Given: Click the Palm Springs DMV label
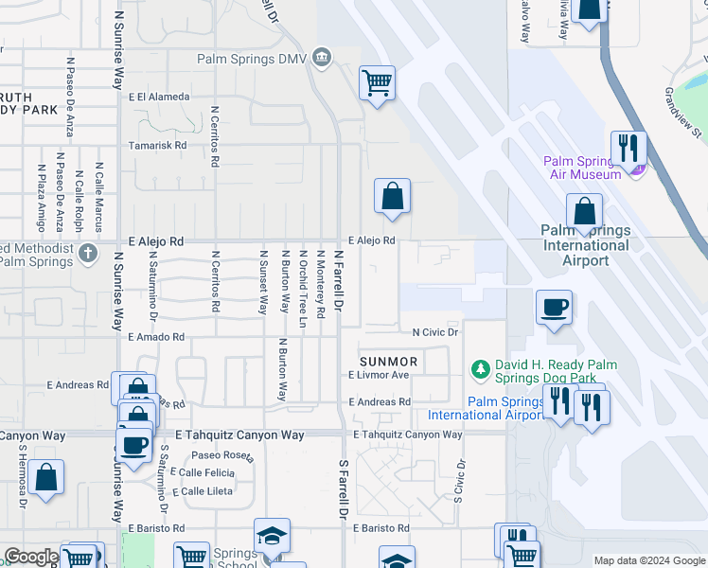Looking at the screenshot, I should point(254,59).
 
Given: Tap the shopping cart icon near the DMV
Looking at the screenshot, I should point(377,82).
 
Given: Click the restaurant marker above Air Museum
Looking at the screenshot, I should point(628,148).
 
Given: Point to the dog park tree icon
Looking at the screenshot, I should point(481,367).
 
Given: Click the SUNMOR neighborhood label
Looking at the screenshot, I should point(388,362).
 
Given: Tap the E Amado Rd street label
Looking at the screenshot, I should point(156,337).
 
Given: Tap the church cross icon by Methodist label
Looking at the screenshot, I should point(87,253).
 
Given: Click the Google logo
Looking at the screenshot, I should point(31,558).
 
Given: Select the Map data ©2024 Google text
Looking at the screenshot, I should point(648,560).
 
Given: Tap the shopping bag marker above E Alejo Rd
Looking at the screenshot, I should point(392,197).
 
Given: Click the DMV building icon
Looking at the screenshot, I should point(322,59).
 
